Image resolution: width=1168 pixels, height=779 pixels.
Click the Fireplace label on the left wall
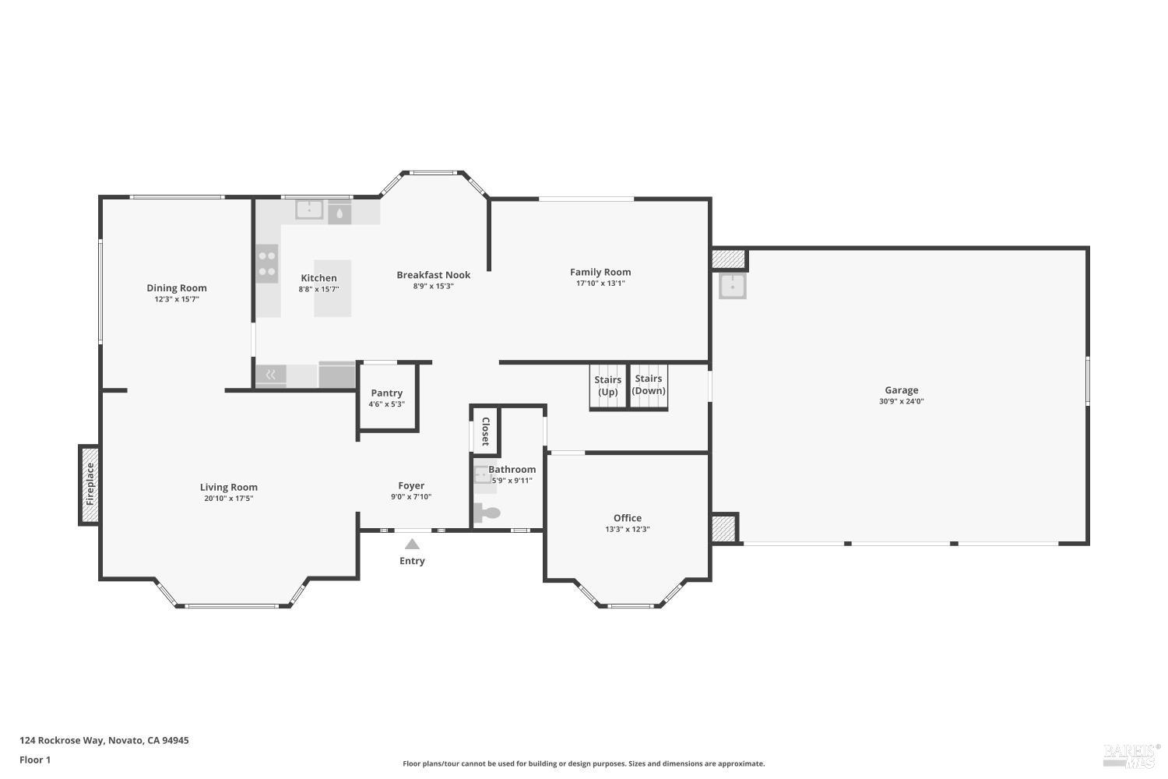tap(90, 484)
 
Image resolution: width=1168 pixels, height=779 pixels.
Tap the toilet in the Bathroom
tap(487, 513)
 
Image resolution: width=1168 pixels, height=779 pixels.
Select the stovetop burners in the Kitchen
tap(267, 263)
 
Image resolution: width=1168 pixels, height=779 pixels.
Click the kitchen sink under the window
tap(309, 210)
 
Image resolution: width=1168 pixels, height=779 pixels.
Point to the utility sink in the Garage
tap(732, 286)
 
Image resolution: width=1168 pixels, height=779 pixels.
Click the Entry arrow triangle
tap(412, 545)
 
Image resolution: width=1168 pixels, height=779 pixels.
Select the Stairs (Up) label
tap(608, 386)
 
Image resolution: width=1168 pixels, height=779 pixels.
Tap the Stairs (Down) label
tap(649, 385)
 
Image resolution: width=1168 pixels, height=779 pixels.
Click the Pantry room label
tap(387, 393)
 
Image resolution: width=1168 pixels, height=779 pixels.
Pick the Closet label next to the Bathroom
tap(485, 431)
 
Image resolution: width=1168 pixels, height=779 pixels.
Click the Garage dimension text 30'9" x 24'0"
tap(902, 402)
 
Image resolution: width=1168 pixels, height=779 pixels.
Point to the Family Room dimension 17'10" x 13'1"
tap(600, 284)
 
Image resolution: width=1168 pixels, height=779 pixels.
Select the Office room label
tap(628, 518)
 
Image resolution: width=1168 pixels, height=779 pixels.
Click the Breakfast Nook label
tap(434, 275)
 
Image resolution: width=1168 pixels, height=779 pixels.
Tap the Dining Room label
tap(177, 288)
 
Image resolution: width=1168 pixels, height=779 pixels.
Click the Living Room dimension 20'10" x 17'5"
tap(229, 499)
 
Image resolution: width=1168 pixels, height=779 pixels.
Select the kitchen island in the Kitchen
tap(332, 288)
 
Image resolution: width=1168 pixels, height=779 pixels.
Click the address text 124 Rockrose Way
tap(104, 741)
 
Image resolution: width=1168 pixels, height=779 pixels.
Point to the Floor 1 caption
tap(35, 760)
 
